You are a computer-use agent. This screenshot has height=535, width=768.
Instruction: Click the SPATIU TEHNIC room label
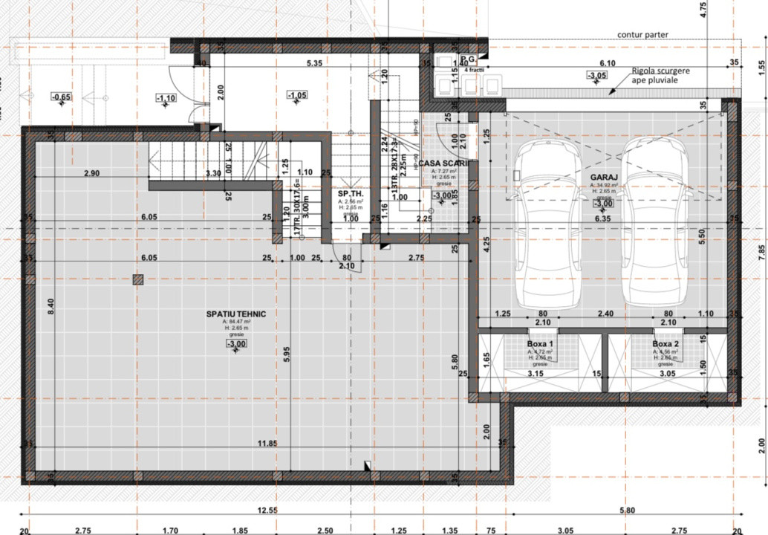236,314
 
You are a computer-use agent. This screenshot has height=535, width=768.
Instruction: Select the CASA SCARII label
444,163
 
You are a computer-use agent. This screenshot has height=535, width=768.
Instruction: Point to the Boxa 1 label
540,345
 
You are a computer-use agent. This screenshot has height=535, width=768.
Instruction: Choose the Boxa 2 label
666,345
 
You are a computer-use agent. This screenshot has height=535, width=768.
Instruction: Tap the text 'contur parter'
642,35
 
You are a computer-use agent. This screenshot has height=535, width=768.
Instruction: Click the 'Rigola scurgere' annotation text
660,70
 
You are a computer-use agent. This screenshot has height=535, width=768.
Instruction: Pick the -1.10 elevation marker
166,98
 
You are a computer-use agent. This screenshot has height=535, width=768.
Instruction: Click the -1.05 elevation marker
297,95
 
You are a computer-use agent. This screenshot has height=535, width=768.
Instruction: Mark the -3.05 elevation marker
596,76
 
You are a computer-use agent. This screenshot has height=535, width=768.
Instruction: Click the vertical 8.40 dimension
51,306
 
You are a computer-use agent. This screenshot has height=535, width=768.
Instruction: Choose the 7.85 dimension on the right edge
760,250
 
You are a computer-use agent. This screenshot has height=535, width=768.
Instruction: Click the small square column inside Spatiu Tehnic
137,279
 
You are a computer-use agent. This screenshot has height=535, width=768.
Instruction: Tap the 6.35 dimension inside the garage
602,218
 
